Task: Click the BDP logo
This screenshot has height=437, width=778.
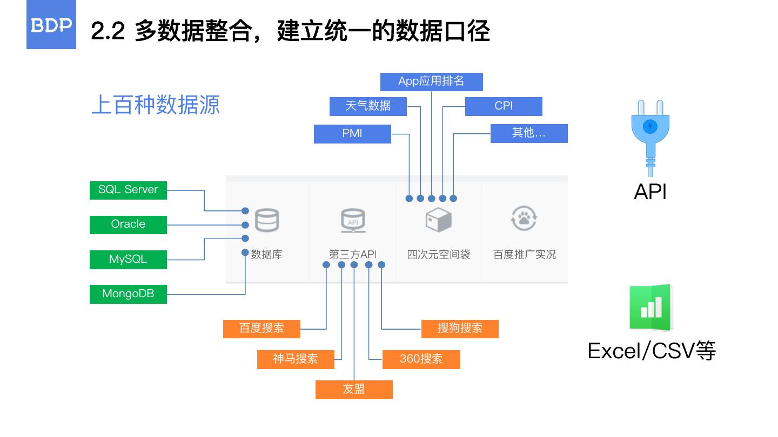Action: click(x=51, y=25)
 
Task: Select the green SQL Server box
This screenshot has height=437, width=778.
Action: click(x=128, y=190)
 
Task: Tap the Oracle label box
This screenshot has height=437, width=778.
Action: click(x=128, y=224)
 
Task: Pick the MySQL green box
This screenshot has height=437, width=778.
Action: click(x=128, y=259)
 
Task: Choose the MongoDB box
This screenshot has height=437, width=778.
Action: click(x=128, y=294)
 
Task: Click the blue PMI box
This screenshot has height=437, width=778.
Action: click(x=352, y=134)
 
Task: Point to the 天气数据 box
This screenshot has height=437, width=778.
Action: click(x=368, y=106)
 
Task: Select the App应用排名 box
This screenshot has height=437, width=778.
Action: click(x=431, y=81)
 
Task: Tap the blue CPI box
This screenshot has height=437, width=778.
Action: click(x=503, y=106)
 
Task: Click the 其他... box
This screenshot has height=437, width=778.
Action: click(x=529, y=133)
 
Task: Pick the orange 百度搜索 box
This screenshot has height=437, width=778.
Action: click(x=261, y=329)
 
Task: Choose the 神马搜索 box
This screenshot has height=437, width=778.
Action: click(x=296, y=359)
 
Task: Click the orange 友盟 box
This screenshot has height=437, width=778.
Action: click(x=354, y=390)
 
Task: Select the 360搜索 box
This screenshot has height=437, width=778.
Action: click(x=421, y=359)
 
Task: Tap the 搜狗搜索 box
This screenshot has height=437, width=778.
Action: click(x=460, y=329)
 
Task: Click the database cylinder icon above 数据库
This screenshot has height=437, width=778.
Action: click(x=267, y=220)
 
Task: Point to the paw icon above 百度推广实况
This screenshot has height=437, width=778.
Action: click(x=524, y=218)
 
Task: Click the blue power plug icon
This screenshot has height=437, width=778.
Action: click(x=650, y=133)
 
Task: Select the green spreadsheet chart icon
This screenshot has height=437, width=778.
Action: click(x=650, y=308)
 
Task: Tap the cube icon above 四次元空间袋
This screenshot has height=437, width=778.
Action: click(x=438, y=220)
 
